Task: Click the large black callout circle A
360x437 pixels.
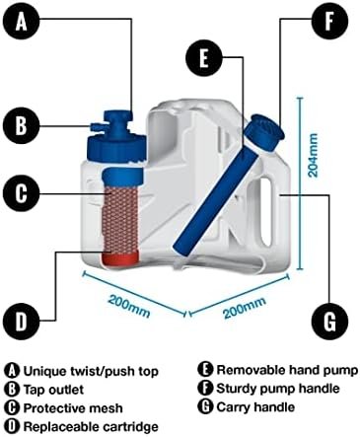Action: pyautogui.click(x=22, y=23)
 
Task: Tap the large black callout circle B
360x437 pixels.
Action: pyautogui.click(x=22, y=125)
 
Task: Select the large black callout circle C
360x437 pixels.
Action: pyautogui.click(x=22, y=193)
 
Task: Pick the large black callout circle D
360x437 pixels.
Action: pyautogui.click(x=22, y=320)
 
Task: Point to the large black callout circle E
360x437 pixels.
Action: pyautogui.click(x=204, y=58)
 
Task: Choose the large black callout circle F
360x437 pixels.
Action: pyautogui.click(x=329, y=22)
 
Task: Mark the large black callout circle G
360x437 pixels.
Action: pyautogui.click(x=329, y=322)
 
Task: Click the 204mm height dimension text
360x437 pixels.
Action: pyautogui.click(x=314, y=155)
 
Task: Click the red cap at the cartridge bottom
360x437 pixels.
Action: pyautogui.click(x=121, y=257)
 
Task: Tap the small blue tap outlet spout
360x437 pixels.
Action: pyautogui.click(x=98, y=126)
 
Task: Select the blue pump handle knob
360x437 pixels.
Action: pyautogui.click(x=264, y=132)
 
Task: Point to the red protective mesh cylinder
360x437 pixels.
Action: pyautogui.click(x=121, y=221)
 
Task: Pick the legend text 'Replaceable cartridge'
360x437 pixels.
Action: pyautogui.click(x=91, y=427)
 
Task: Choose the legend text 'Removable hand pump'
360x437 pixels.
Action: pyautogui.click(x=287, y=370)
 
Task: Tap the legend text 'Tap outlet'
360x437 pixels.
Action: pyautogui.click(x=53, y=390)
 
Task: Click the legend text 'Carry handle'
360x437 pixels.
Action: pyautogui.click(x=255, y=407)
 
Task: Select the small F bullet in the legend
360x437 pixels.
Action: pyautogui.click(x=205, y=389)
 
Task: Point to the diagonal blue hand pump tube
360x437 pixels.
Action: pyautogui.click(x=216, y=198)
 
